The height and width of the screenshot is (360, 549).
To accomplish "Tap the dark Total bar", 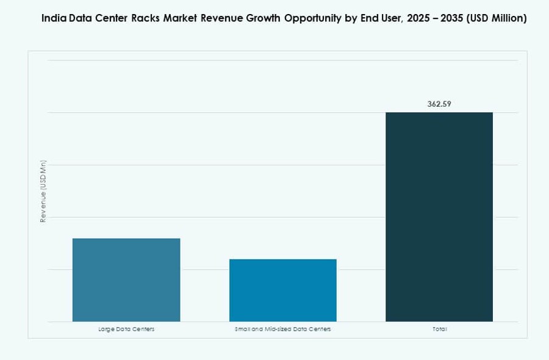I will click(439, 217).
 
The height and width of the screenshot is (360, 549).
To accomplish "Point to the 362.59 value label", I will click(439, 104).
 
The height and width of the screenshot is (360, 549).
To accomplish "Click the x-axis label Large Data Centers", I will click(126, 329).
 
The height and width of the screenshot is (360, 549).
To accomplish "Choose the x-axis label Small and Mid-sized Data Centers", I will click(282, 329).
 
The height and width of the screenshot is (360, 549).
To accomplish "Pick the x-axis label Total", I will click(439, 329).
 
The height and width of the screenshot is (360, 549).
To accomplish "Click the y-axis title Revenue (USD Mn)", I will click(43, 191).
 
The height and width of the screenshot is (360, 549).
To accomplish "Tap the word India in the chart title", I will click(54, 18).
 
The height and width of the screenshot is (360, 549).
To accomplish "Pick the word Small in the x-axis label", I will click(242, 329).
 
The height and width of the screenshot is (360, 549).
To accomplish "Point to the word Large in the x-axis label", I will click(106, 329).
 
